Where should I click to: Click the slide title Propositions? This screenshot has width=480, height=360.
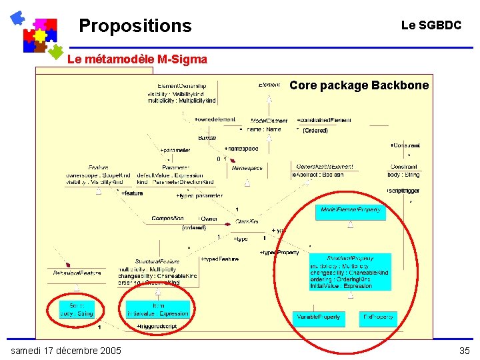point(135,26)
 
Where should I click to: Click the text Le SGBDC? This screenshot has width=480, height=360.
point(431,25)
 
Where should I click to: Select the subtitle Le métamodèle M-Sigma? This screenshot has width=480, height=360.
point(137,59)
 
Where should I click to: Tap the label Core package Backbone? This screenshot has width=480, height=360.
point(359,85)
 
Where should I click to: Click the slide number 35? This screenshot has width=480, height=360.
point(464,351)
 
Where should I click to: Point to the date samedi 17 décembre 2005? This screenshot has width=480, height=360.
point(66,351)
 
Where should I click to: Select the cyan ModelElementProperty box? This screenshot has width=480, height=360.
point(351,211)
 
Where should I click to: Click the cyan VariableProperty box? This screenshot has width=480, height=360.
point(318,317)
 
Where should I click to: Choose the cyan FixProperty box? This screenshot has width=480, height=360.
point(378,317)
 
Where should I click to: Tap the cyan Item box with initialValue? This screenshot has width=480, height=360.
point(158,309)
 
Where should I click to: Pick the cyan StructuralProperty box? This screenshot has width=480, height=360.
point(350,272)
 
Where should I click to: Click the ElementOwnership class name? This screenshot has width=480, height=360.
point(181,86)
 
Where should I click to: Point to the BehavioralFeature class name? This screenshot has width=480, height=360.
point(77,273)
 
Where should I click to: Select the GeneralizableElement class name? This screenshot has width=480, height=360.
point(320,167)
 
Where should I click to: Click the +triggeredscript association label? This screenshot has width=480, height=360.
point(157,326)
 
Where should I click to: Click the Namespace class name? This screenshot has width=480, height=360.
point(247,169)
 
